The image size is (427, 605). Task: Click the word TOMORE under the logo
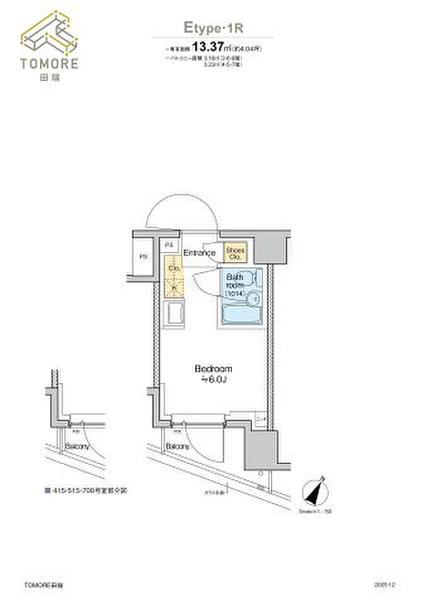coord(50,63)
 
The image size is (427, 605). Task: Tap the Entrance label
coord(200,253)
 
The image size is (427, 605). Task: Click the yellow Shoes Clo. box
coord(236,254)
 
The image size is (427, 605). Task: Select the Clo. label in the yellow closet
coord(174,268)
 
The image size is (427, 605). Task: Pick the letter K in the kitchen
coord(174,287)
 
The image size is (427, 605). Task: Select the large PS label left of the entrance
coord(144,257)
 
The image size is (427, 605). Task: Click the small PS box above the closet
coord(169,245)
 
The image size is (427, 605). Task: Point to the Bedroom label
coord(214,369)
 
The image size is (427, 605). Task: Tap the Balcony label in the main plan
coord(178,446)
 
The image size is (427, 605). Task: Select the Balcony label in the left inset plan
coord(77,446)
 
